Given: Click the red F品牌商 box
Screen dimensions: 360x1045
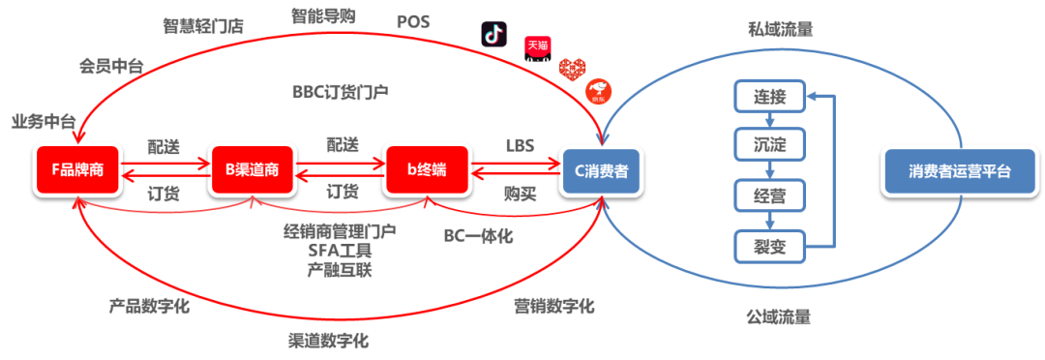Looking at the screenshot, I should coord(76,170).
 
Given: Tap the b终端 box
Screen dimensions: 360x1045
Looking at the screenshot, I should coord(426,170).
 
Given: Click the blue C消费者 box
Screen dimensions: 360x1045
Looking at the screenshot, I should coord(601,170).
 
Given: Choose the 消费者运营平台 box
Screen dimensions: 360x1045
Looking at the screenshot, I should coord(959,170).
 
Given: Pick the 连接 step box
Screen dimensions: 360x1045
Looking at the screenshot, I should coord(769,97).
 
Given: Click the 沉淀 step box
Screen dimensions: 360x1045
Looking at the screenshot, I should coord(769,146).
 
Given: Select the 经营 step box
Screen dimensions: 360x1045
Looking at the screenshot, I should coord(769,195).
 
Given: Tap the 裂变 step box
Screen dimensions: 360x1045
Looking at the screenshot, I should coord(769,246).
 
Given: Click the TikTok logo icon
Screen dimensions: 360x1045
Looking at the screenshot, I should coord(494,33).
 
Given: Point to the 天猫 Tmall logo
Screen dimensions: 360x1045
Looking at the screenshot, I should coord(538,45).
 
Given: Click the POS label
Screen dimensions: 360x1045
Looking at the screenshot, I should coord(413,20).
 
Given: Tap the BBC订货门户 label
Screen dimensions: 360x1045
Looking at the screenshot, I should coord(341,92).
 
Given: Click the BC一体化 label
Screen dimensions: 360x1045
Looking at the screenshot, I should coord(478,235).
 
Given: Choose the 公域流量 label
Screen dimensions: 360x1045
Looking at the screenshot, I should coord(778,315).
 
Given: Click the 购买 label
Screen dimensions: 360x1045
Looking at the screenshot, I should coord(520,193).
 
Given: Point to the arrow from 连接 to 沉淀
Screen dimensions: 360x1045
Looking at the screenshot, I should coord(769,122).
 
